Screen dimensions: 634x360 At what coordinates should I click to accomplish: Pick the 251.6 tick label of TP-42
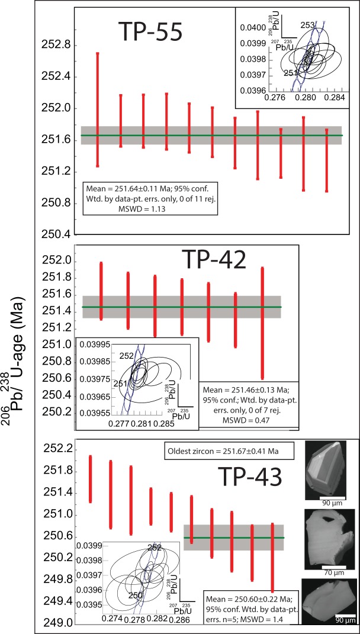[55, 294]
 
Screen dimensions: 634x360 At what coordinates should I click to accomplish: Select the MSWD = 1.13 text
[144, 207]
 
